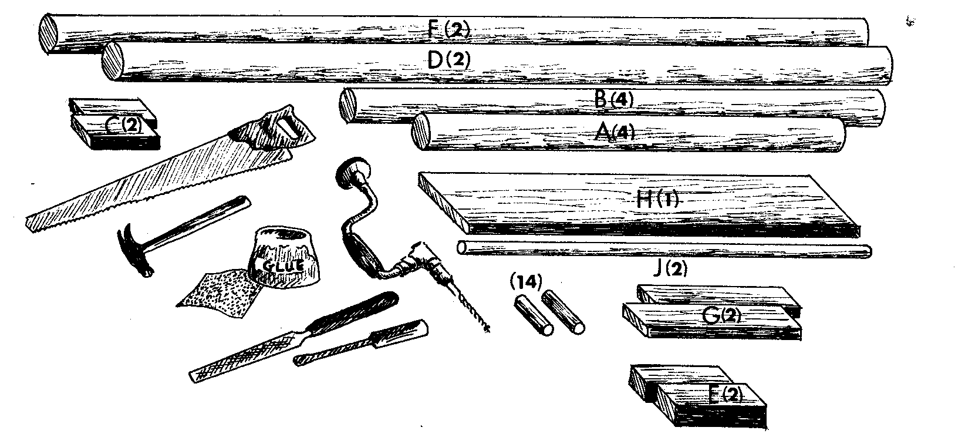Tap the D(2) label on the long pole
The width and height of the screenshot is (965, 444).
(x=449, y=60)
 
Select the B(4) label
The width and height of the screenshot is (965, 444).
(x=614, y=99)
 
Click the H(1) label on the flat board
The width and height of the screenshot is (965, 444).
(x=657, y=200)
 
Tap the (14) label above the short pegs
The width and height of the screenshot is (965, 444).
(x=527, y=281)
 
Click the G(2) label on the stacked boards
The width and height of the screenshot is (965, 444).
(x=720, y=316)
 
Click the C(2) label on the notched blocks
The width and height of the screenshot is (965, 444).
(x=124, y=125)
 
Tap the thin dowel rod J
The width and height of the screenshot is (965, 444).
(x=663, y=250)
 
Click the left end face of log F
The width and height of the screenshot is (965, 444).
(x=49, y=33)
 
